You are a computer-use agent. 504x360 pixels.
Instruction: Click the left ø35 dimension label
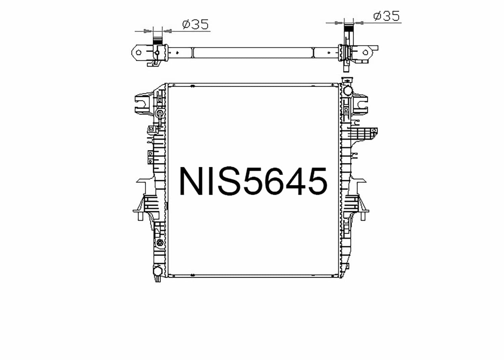(x=195, y=25)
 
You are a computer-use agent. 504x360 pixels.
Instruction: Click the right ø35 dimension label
(x=386, y=16)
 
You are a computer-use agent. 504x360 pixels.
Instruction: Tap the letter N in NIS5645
(x=193, y=181)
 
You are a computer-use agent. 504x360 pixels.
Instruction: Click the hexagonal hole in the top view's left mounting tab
(x=138, y=52)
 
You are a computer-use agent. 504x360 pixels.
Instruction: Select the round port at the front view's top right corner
(x=347, y=90)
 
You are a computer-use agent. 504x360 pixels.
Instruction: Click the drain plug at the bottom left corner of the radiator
(x=157, y=271)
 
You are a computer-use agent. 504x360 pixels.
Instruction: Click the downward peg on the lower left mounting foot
(x=140, y=216)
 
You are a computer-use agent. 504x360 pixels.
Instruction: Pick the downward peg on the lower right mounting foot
(x=363, y=216)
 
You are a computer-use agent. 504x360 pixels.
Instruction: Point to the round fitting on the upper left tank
(x=160, y=113)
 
